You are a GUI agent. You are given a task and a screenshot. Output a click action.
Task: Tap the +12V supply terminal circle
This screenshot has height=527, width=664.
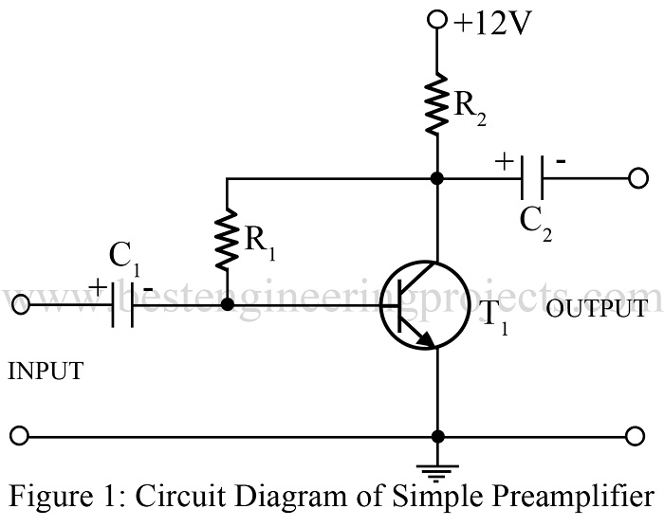click(x=437, y=20)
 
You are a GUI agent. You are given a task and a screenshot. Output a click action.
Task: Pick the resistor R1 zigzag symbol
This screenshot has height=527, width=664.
click(x=228, y=241)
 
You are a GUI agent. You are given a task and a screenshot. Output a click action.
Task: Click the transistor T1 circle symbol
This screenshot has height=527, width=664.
click(x=424, y=305)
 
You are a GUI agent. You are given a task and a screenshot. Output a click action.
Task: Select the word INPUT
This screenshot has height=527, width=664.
click(x=45, y=373)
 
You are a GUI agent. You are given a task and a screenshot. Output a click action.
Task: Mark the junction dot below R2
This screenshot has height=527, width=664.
click(x=437, y=177)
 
